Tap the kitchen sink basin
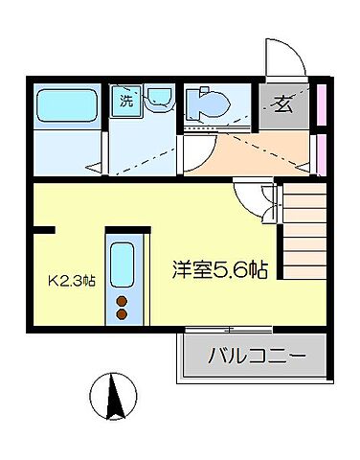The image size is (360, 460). tap(122, 265)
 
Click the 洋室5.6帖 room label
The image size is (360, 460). tap(219, 269)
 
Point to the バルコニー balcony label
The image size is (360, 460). tap(256, 358)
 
